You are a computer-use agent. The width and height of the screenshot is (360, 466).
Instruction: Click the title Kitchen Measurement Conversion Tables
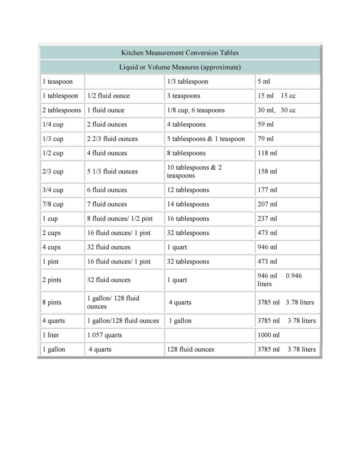(x=180, y=53)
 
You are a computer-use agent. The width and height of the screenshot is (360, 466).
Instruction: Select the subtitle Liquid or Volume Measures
(x=180, y=67)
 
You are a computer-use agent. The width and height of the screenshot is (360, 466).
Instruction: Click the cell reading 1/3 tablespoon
(x=188, y=82)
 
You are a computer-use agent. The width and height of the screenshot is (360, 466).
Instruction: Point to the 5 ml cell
(x=264, y=82)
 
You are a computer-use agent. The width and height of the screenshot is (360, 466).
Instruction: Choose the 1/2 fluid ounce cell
(x=108, y=96)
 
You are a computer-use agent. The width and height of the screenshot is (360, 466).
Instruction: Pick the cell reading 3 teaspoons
(x=183, y=96)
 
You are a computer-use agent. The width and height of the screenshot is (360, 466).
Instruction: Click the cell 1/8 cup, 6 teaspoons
(x=196, y=110)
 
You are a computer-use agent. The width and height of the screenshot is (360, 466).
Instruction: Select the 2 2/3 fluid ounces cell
(x=112, y=139)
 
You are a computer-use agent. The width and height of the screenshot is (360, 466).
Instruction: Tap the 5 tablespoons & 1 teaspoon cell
(x=206, y=139)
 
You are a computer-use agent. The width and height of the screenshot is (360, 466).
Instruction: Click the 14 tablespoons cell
(x=188, y=204)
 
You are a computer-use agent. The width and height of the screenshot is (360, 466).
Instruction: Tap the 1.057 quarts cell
(x=104, y=335)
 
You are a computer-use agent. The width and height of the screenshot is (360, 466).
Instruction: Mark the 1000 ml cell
(x=269, y=335)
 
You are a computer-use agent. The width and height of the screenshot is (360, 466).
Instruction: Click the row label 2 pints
(x=51, y=280)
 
